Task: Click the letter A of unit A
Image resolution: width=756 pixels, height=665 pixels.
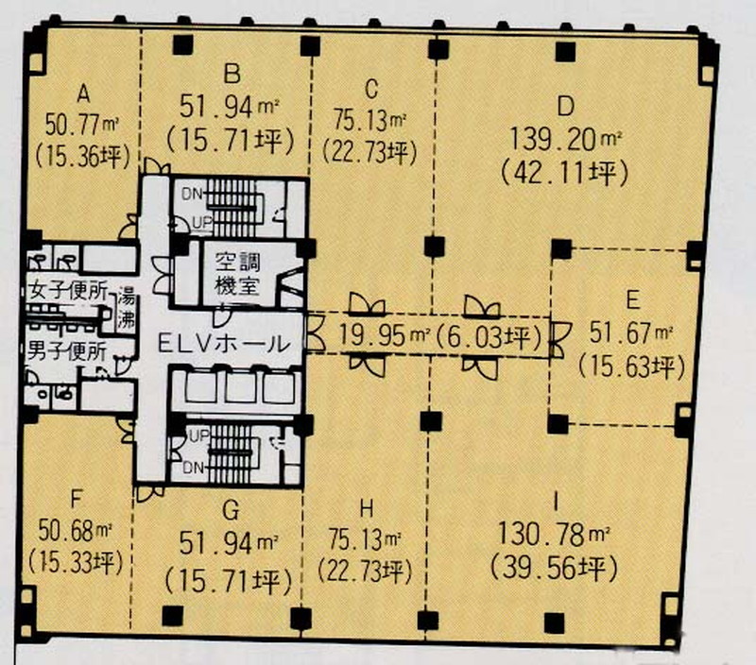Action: coord(83,94)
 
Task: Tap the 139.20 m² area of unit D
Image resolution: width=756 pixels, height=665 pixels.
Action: coord(565,139)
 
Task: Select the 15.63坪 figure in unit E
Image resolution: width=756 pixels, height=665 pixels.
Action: coord(630,367)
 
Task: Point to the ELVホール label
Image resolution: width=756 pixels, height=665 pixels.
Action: coord(224,344)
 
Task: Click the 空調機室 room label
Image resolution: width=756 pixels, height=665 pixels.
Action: coord(237,274)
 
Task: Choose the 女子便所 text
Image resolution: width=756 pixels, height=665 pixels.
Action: coord(67,291)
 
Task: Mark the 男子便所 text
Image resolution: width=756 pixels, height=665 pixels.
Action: coord(66,350)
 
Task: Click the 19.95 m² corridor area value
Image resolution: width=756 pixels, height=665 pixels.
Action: coord(385,335)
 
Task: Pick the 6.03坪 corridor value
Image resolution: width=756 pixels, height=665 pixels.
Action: coord(488,336)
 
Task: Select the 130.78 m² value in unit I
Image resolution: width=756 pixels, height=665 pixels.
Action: coord(554,535)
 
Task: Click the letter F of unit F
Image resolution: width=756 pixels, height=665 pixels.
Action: coord(77,500)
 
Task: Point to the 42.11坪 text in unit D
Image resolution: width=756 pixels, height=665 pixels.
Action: coord(564,173)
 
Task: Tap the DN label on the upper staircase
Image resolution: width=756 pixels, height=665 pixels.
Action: coord(192,195)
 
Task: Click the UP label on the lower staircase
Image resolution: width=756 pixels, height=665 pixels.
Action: coord(199,436)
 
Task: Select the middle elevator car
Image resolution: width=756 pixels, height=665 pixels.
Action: coord(241,386)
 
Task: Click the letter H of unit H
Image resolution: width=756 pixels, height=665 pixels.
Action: coord(367,508)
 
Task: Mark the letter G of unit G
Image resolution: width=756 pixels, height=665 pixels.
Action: coord(231,511)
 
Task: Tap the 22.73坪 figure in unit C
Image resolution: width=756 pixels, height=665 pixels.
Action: coord(369,153)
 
